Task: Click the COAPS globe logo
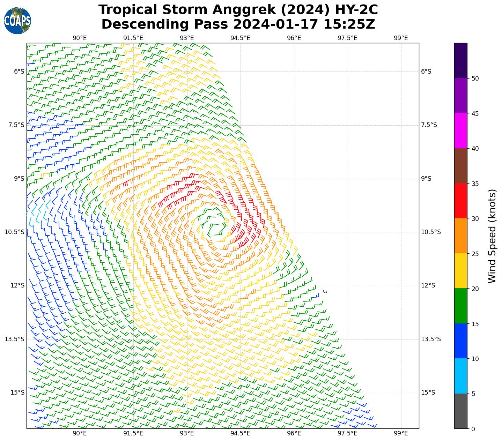(17, 21)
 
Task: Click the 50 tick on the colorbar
(475, 78)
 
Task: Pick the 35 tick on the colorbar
(475, 184)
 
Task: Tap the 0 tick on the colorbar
(473, 429)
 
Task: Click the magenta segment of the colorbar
(461, 130)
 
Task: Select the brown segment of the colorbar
(461, 166)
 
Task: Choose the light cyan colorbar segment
(461, 376)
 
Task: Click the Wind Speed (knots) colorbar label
(492, 236)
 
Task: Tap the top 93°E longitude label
(187, 38)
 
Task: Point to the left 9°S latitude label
(19, 179)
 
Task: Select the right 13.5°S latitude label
(431, 339)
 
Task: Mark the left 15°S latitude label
(17, 393)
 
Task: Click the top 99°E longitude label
(401, 38)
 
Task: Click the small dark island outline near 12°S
(325, 291)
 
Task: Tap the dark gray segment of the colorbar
(461, 411)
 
